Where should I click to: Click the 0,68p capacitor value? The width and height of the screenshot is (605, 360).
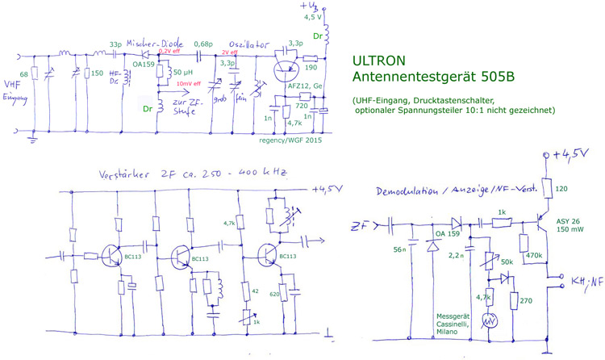pos(203,45)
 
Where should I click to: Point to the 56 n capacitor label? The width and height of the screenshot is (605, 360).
pos(400,251)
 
